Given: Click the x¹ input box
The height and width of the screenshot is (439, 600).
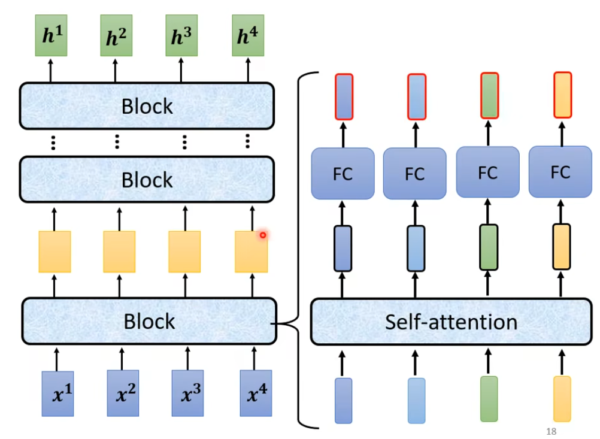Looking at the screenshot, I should tap(57, 393).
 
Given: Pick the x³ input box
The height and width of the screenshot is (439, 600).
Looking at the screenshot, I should tap(187, 393).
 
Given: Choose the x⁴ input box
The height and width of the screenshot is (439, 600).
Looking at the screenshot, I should tap(256, 393).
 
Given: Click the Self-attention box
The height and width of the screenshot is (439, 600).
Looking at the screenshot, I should tap(450, 322).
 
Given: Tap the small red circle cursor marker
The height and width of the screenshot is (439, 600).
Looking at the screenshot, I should tap(262, 235).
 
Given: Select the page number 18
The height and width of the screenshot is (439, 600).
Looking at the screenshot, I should tap(551, 431).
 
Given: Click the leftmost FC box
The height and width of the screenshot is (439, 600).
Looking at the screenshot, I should tap(343, 174).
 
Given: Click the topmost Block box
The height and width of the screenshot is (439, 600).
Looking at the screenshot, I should tap(147, 106).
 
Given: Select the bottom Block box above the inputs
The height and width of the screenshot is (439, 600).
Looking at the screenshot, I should tap(149, 321).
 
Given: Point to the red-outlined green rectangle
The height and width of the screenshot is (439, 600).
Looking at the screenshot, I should tap(489, 96).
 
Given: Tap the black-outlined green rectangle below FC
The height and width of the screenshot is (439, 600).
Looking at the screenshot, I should tap(489, 247).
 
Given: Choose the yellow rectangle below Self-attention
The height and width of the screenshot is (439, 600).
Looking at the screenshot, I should tap(562, 399).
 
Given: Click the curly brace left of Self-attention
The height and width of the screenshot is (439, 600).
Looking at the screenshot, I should tap(298, 252).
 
